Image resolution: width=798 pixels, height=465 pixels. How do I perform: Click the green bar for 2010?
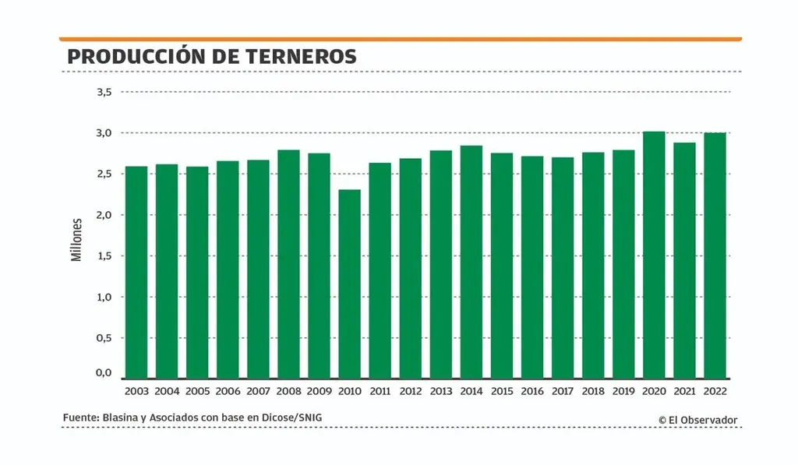(x=350, y=284)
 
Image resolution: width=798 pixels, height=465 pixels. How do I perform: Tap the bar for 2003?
(x=136, y=272)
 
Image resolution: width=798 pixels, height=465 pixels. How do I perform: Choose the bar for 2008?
(x=288, y=264)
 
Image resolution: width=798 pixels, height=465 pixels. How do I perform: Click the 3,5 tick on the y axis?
(x=104, y=92)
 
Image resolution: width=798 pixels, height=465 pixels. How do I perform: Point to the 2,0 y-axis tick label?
(x=104, y=215)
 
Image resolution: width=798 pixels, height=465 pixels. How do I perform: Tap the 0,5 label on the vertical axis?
(x=104, y=338)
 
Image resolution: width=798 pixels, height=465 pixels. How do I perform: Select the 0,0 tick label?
(x=104, y=373)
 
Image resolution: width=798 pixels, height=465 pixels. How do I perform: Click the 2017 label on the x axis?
(x=563, y=392)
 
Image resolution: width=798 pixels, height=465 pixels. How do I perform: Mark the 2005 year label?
(x=197, y=392)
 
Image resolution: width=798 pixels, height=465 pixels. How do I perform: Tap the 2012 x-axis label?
(x=410, y=392)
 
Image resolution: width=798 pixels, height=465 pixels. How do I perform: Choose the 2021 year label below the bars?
(x=684, y=392)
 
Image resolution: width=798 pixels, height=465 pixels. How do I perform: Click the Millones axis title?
(x=76, y=239)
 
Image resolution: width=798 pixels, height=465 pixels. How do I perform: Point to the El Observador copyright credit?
(x=697, y=421)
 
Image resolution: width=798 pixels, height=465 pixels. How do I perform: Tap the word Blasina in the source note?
(x=122, y=418)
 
